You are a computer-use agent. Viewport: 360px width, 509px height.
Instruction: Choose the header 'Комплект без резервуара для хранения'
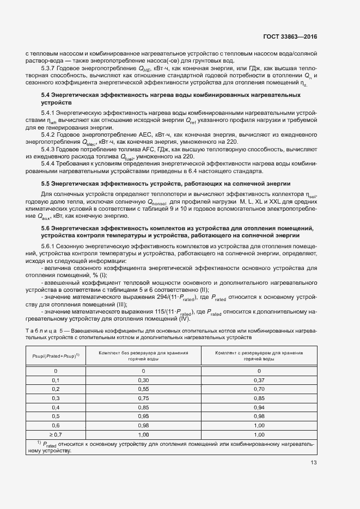(x=144, y=353)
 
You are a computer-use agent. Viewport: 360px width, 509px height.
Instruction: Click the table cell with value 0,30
(x=144, y=379)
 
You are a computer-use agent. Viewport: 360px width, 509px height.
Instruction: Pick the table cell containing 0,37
(x=259, y=379)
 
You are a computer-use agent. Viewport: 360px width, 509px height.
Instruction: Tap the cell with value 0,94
(x=259, y=407)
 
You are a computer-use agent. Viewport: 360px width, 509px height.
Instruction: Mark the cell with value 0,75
(x=144, y=398)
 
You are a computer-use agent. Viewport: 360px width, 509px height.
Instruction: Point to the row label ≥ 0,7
(x=56, y=434)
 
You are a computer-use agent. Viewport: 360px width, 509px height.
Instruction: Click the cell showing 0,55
(x=144, y=389)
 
